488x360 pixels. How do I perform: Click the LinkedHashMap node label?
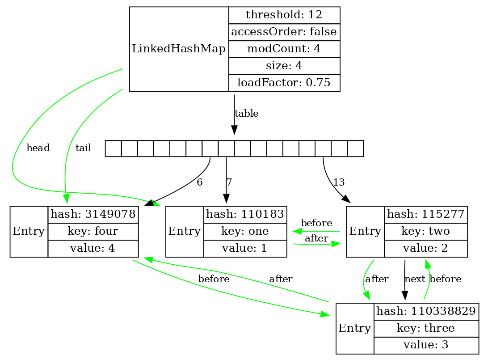point(179,49)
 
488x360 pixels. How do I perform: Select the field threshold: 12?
point(284,15)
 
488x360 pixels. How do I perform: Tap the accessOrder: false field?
point(284,32)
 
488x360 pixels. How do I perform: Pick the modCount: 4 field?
point(284,49)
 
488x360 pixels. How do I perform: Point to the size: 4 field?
point(284,66)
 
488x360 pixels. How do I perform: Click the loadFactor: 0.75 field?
point(284,83)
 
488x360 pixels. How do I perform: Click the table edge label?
point(246,114)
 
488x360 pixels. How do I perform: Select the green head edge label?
point(38,148)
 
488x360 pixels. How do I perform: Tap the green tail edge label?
point(83,148)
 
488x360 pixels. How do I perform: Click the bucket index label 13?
point(339,182)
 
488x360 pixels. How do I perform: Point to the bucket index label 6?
point(199,182)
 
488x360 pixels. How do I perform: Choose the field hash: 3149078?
point(93,215)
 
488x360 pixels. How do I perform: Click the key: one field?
point(245,232)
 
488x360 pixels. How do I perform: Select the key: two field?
point(426,232)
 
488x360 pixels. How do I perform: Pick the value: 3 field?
point(426,345)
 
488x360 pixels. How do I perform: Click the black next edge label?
point(415,279)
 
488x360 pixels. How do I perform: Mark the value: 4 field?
point(93,249)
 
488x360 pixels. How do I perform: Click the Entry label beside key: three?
point(355,328)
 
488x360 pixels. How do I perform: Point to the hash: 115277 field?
point(426,215)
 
